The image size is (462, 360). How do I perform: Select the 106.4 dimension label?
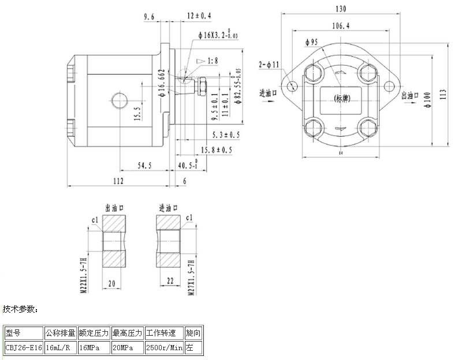[x=341, y=26]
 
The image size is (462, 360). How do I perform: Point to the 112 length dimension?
[x=118, y=181]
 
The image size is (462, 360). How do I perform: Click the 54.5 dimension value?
[x=145, y=166]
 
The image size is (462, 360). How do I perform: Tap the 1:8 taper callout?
[x=211, y=60]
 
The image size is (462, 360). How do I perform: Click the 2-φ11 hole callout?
[x=269, y=64]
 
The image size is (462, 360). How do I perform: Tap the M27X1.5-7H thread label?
[x=191, y=277]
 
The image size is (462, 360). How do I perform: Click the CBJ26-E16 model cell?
[x=24, y=348]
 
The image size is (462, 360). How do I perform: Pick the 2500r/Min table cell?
[x=164, y=348]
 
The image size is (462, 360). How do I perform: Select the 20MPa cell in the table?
[x=128, y=348]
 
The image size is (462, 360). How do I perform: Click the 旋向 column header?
[x=193, y=333]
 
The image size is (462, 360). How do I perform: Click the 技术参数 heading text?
[x=20, y=310]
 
